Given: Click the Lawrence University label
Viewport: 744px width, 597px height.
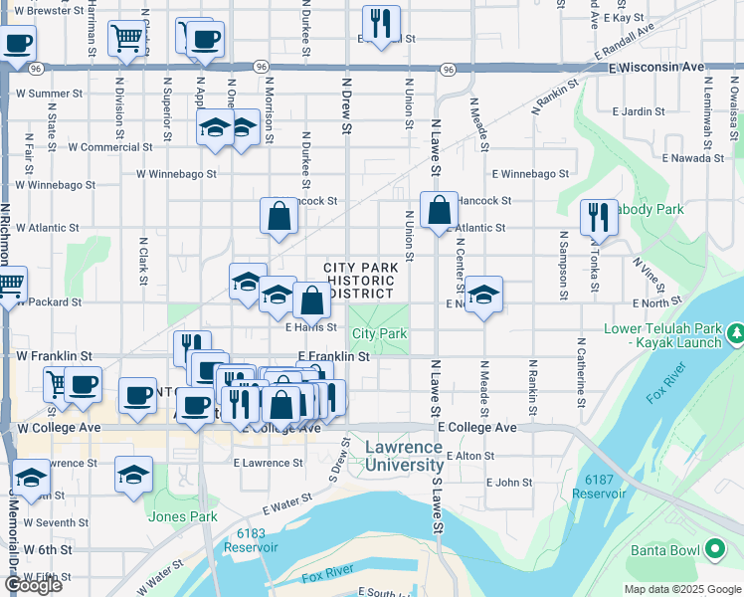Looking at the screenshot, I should click(x=404, y=457).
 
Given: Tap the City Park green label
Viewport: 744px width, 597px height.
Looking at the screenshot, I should click(x=379, y=334).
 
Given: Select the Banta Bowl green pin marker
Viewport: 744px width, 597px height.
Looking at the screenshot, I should click(x=714, y=548).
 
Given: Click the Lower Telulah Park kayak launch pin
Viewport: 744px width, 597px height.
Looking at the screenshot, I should click(x=735, y=331).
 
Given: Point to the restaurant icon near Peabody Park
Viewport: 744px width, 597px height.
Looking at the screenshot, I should click(x=599, y=216).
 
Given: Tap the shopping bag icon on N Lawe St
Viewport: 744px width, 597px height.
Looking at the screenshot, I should click(x=439, y=210).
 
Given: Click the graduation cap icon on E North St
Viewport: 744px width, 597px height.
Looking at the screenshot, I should click(x=483, y=295).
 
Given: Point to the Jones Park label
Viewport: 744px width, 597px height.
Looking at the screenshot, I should click(x=182, y=516).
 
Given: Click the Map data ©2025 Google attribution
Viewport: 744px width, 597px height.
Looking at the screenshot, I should click(x=681, y=589).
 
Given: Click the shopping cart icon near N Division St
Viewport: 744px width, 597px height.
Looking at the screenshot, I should click(x=127, y=39).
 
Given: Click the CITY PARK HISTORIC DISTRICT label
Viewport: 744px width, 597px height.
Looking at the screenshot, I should click(x=361, y=281).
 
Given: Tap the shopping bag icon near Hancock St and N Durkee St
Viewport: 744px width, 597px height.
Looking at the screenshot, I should click(x=279, y=215).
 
